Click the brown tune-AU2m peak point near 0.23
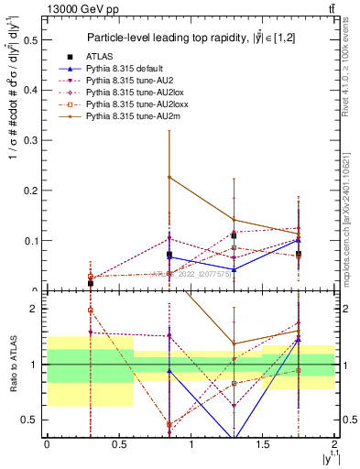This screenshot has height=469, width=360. (x=169, y=177)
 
